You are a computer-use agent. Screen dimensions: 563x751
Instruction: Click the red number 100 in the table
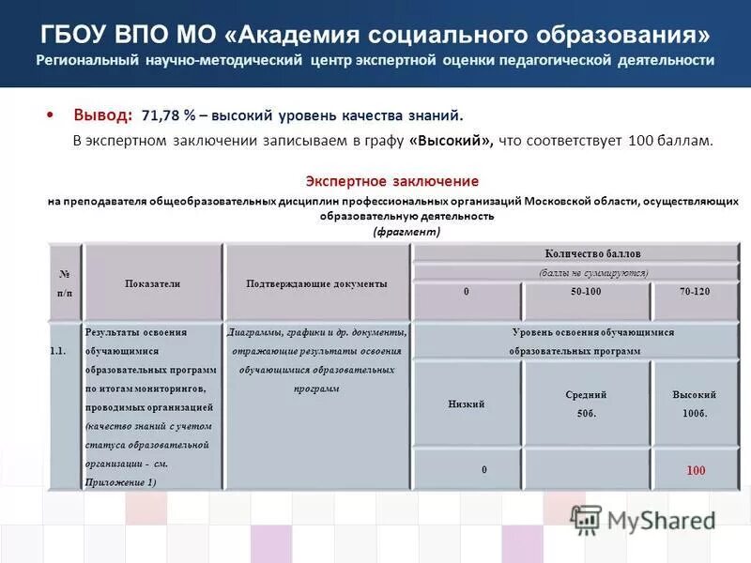pos(695,470)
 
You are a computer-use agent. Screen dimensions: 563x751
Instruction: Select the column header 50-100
pos(586,293)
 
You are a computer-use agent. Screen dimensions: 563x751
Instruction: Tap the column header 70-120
pos(695,293)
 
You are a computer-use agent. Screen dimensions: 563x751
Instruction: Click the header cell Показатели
pos(152,283)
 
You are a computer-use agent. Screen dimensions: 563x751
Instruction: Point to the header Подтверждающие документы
pos(316,283)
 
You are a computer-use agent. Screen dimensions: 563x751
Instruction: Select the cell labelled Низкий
pos(467,404)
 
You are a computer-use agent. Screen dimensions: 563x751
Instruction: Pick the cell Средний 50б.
pos(586,404)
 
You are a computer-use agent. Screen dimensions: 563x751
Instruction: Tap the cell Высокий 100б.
pos(695,404)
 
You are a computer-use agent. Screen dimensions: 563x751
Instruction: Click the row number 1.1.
pos(57,351)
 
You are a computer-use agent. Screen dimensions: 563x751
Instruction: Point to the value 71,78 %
pos(169,115)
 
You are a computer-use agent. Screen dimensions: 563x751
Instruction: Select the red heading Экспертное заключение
pos(392,181)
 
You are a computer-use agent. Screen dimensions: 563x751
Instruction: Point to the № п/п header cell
pos(65,283)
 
